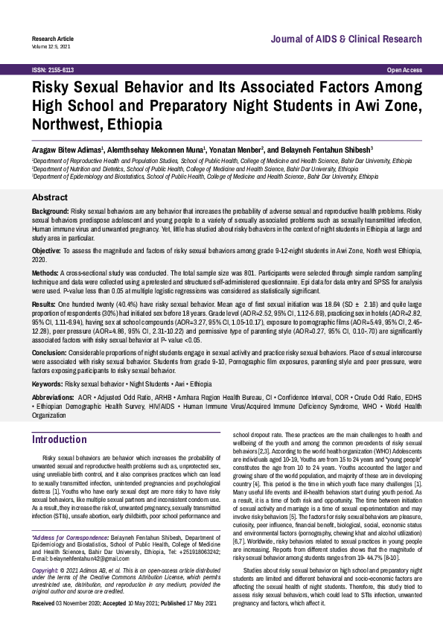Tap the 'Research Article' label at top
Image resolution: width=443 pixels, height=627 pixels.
[51, 37]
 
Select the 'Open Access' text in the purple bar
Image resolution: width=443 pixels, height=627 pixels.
[404, 69]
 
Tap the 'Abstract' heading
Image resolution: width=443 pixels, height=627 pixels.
[51, 198]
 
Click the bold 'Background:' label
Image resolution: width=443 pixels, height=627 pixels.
[50, 212]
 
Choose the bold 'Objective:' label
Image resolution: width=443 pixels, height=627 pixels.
[47, 252]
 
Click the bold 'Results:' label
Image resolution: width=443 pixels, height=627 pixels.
[43, 305]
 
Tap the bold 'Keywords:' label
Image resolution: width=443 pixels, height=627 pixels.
[47, 383]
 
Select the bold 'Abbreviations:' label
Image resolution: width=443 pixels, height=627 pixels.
[54, 398]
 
